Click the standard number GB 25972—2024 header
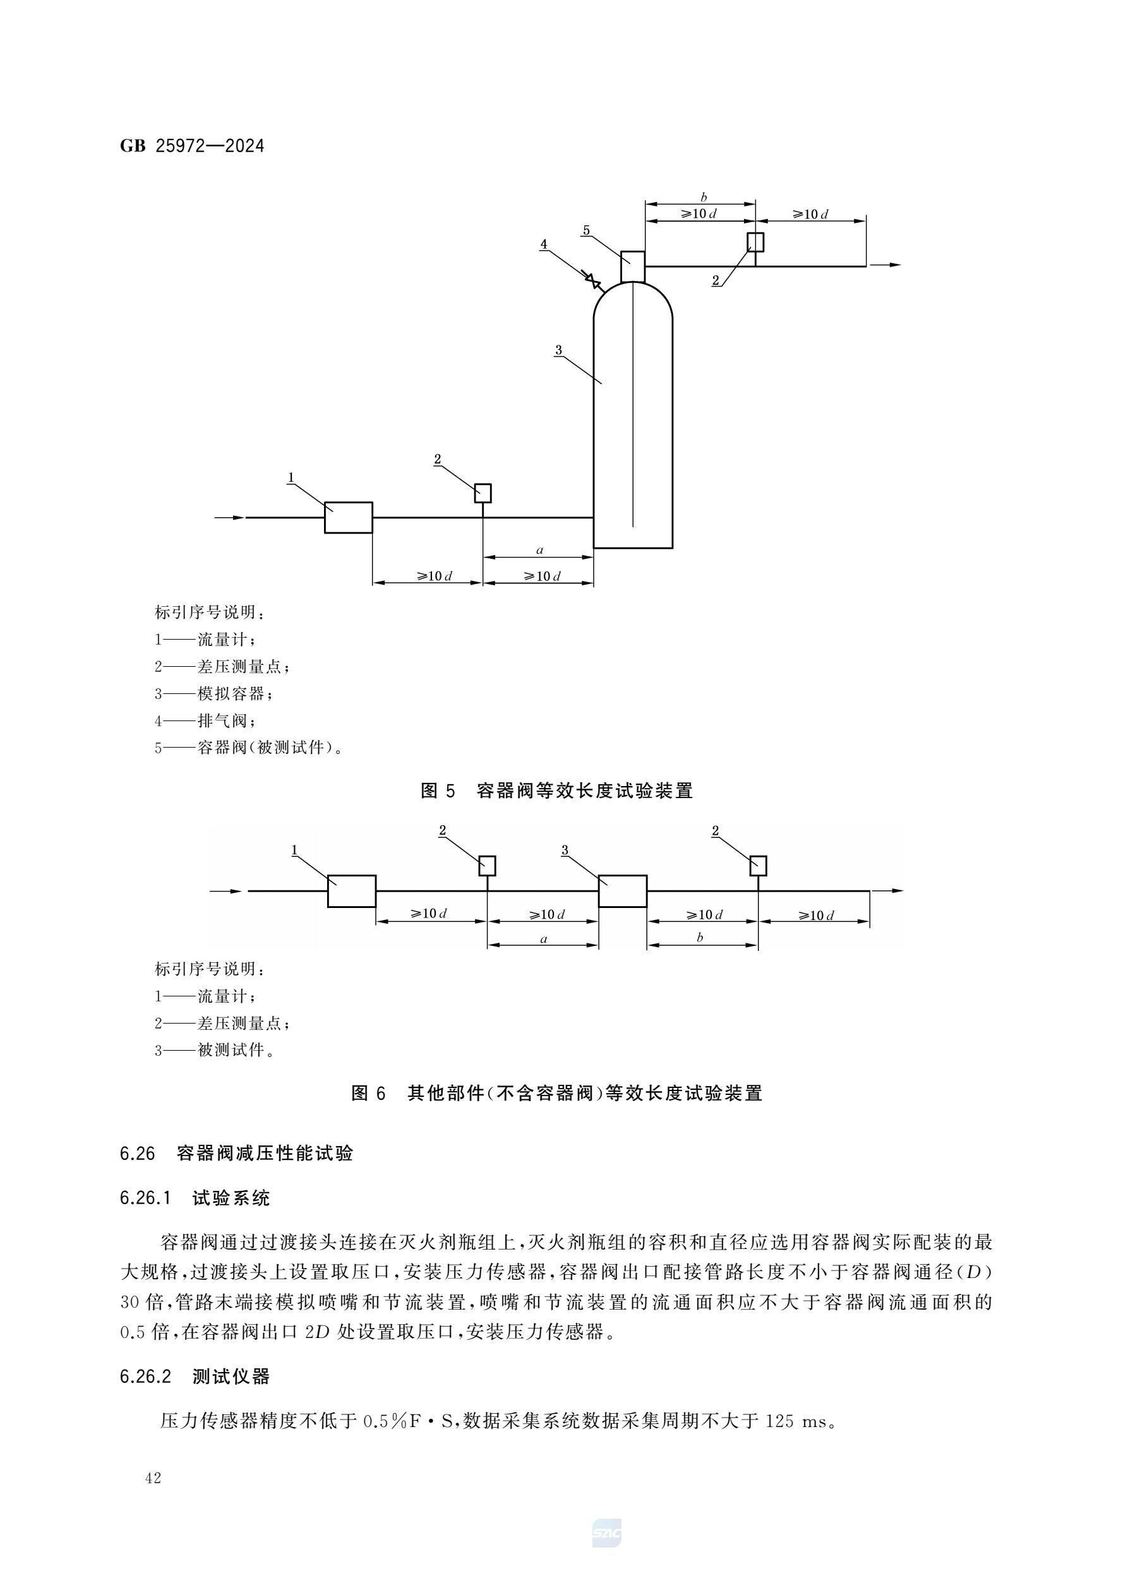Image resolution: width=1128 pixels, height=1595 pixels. pos(192,146)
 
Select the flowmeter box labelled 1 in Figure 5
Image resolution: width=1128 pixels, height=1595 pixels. pos(348,518)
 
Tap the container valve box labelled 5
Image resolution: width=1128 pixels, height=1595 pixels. pos(632,266)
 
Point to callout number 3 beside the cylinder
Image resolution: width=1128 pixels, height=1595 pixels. pos(558,350)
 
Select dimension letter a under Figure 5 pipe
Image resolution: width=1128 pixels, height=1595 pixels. pos(539,550)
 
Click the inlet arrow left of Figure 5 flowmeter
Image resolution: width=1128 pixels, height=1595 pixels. pos(229,518)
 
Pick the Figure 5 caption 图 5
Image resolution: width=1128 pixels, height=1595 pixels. pos(438,791)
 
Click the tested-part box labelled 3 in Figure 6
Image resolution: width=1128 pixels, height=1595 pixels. pos(623,890)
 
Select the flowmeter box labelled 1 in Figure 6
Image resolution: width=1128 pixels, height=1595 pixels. pos(352,890)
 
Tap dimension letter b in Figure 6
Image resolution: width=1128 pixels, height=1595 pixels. pos(700,937)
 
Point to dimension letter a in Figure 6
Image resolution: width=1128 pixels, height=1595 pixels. pos(544,939)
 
